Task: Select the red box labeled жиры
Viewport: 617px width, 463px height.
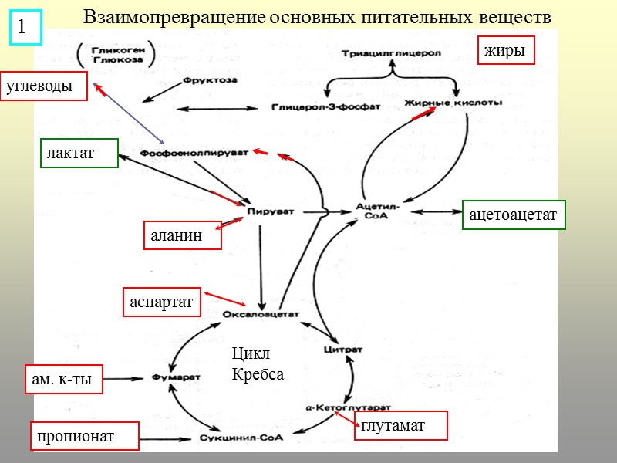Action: click(506, 51)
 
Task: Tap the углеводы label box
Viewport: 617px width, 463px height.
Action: click(45, 86)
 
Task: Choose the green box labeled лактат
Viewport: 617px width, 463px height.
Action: click(79, 153)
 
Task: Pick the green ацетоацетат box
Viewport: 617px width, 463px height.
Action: click(514, 215)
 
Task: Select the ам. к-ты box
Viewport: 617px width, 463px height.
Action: click(64, 379)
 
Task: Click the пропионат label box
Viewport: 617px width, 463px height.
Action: click(84, 436)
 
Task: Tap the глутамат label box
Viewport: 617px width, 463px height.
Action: click(400, 425)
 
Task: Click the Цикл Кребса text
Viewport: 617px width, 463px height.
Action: click(258, 365)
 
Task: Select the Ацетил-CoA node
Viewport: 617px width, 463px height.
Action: click(378, 211)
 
